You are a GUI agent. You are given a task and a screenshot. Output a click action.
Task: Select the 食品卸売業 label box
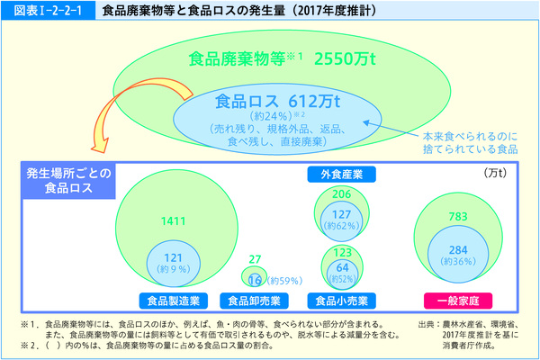coord(257,300)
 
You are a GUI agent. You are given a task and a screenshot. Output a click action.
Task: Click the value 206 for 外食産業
coord(341,194)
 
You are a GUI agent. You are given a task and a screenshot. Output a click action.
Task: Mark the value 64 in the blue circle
coord(341,266)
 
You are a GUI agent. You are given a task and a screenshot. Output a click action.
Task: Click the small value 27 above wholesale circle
coord(256,258)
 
